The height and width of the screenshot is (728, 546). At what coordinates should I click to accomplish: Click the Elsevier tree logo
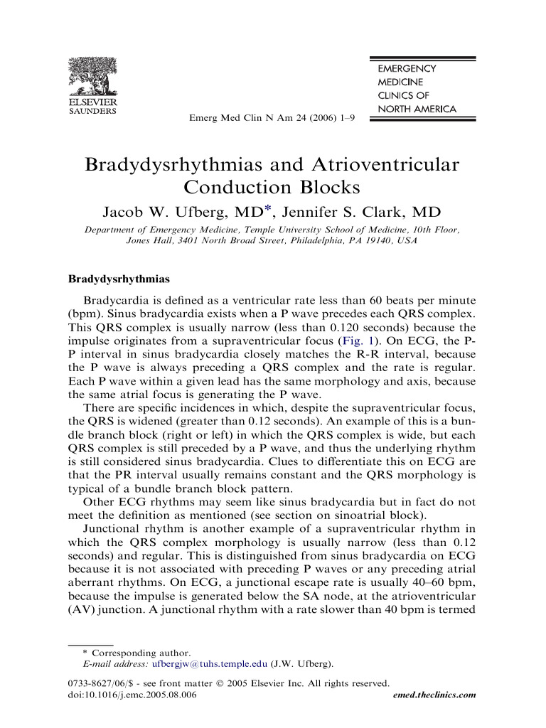coord(92,78)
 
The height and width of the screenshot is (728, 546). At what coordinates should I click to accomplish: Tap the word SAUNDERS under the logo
coord(92,111)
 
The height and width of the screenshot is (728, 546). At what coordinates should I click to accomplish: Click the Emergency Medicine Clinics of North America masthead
coord(416,89)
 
